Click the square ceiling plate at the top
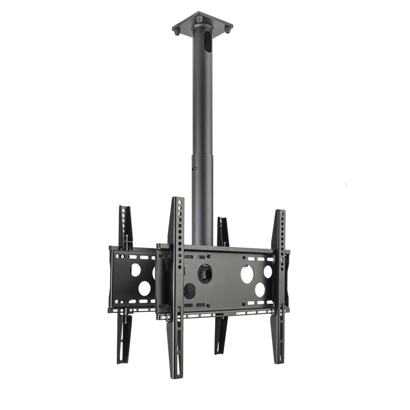click(x=202, y=24)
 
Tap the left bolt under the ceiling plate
click(x=177, y=32)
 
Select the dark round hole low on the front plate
click(x=189, y=291)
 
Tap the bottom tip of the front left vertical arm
click(x=174, y=375)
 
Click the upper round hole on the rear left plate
click(x=136, y=270)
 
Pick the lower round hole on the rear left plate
click(x=144, y=288)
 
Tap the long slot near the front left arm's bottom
click(x=175, y=354)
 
